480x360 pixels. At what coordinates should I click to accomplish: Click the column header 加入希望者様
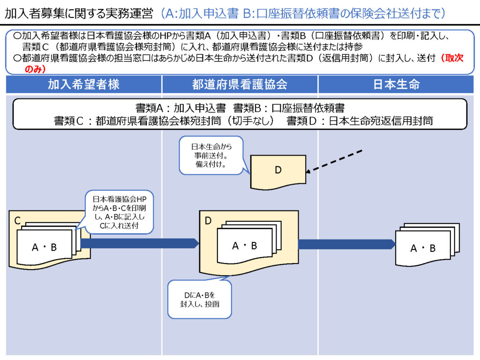pos(83,84)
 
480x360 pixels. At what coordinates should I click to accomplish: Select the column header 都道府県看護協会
pos(240,84)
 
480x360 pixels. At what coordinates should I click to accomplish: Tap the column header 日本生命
pos(396,84)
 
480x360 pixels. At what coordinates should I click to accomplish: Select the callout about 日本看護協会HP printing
pos(120,213)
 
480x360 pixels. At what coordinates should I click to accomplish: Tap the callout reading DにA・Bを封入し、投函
pos(200,300)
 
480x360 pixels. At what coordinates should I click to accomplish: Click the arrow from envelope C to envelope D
pos(140,243)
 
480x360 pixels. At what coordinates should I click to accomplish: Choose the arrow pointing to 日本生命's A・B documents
pos(347,244)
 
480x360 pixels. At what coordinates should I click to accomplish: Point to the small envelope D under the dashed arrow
pos(277,171)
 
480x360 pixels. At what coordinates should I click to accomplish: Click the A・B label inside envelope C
pos(44,247)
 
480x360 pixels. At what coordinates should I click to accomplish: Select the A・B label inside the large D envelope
pos(245,245)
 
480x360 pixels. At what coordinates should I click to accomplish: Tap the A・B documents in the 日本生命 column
pos(423,248)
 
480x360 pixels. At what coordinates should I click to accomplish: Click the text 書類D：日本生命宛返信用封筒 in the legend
pos(360,120)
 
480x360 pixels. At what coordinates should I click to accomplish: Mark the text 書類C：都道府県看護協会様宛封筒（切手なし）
pos(164,120)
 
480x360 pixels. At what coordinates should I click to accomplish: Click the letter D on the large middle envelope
pos(209,220)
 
